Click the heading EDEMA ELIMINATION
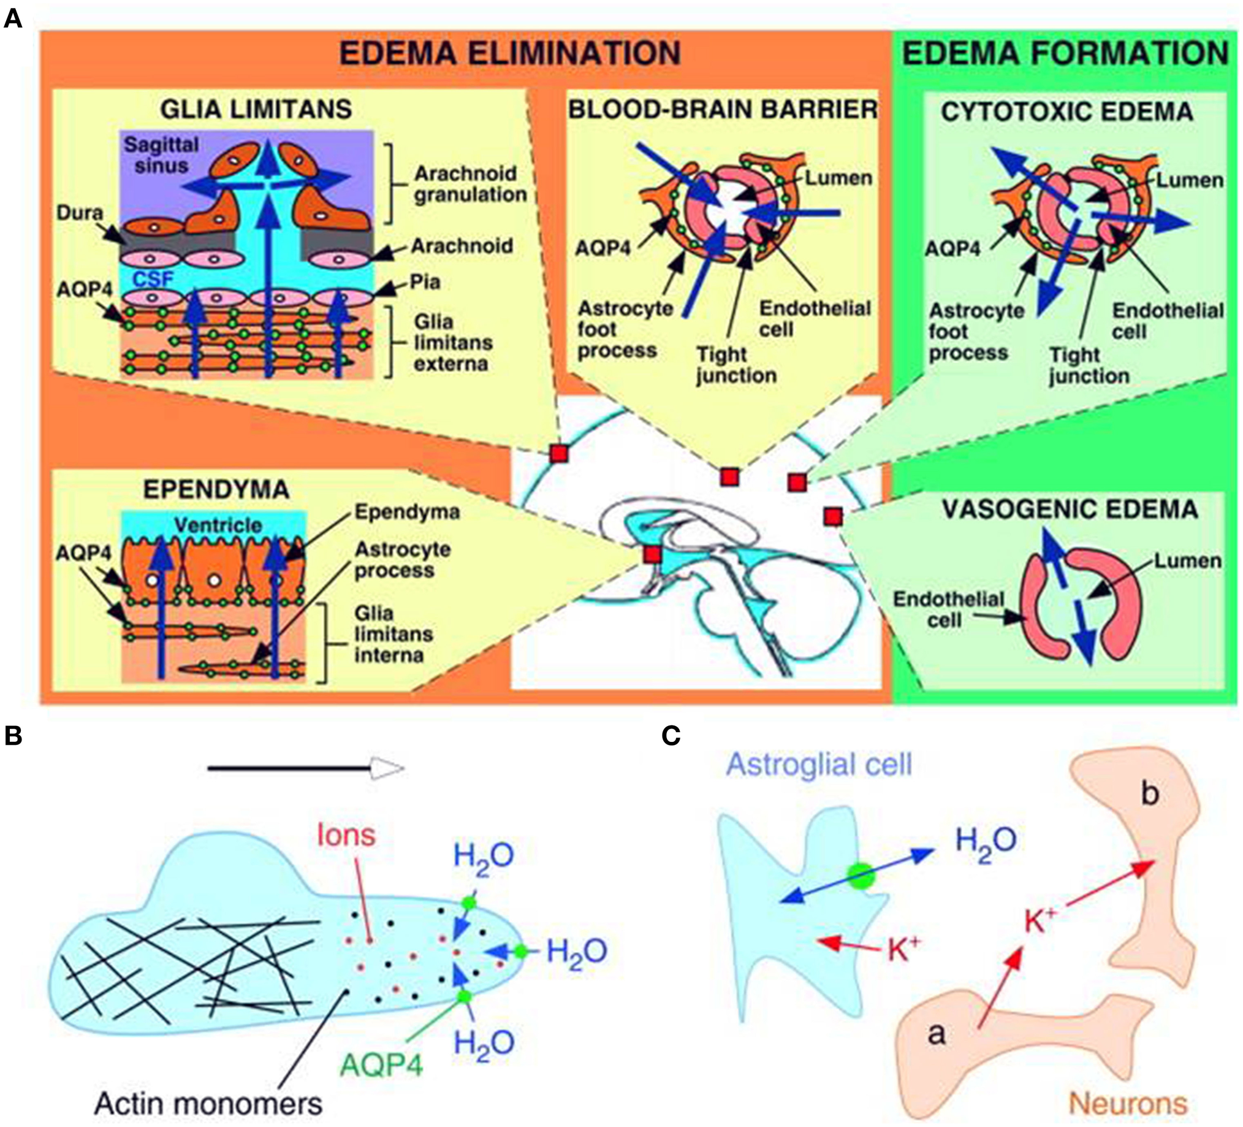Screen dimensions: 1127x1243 [x=510, y=53]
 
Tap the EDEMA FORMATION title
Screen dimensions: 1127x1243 [x=1065, y=53]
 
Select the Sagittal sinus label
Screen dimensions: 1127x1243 [x=162, y=156]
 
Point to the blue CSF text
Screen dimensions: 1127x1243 [x=153, y=279]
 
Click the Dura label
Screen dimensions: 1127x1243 [x=80, y=213]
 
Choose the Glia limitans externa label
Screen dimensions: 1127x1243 [x=453, y=342]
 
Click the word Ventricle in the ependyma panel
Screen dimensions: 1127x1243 [x=218, y=525]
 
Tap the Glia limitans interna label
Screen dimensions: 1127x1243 [x=393, y=634]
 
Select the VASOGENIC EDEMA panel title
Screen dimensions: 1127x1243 [x=1070, y=510]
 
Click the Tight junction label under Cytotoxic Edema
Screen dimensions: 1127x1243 [x=1089, y=365]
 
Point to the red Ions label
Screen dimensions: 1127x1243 [x=346, y=835]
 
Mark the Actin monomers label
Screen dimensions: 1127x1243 [x=208, y=1104]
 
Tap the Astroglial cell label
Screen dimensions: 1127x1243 [x=819, y=764]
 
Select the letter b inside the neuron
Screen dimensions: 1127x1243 [x=1149, y=794]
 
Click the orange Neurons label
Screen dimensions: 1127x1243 [x=1128, y=1104]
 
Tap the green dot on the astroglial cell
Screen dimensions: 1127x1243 [x=861, y=876]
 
